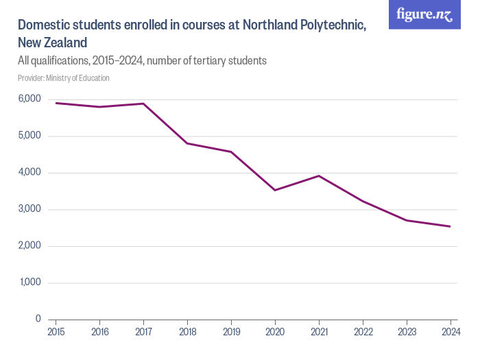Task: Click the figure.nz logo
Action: tap(424, 14)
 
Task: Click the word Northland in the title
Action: tap(265, 25)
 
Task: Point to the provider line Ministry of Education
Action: tap(64, 78)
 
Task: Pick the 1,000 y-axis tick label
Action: tap(29, 283)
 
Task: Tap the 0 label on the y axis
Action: tap(38, 319)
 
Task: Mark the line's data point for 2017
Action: tap(143, 104)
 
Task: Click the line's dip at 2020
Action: tap(275, 190)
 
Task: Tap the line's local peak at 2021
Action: tap(319, 176)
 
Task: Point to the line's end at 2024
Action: tap(451, 226)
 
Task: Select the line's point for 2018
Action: tap(187, 143)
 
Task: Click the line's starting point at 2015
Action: tap(56, 103)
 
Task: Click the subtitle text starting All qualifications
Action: tap(141, 60)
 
